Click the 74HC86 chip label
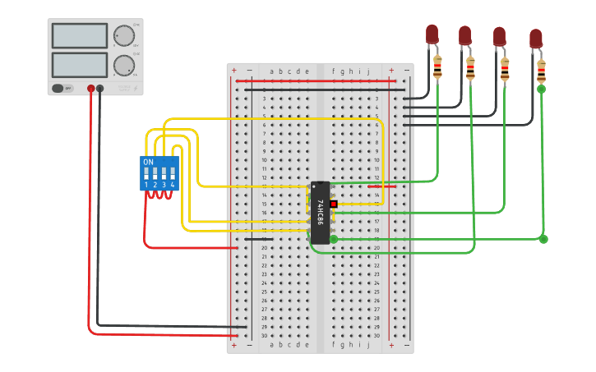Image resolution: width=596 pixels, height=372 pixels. point(320,213)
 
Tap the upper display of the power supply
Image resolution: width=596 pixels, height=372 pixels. point(80,35)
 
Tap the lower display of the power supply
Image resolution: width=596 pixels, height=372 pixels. point(80,65)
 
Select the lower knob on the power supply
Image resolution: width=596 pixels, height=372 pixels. point(124,65)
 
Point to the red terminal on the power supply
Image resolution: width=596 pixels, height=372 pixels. point(90,88)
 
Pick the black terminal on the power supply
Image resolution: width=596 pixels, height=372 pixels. point(100,88)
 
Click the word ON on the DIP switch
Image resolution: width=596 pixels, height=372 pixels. point(149,163)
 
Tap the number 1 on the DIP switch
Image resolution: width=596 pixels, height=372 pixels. point(146,186)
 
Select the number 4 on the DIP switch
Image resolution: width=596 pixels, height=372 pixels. point(173,186)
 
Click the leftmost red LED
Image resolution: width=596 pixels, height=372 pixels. point(432,34)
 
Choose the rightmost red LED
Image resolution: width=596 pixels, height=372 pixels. point(536,39)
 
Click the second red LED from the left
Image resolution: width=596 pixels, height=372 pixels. point(465,35)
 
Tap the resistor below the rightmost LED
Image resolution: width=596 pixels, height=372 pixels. point(541,72)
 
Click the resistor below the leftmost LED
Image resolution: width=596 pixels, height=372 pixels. point(437,67)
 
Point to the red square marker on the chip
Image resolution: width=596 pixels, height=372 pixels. point(334,204)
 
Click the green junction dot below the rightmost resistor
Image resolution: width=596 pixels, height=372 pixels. point(541,90)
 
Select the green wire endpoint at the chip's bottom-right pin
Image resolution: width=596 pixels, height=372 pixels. point(334,239)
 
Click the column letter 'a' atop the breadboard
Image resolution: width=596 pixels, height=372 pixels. point(272,71)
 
